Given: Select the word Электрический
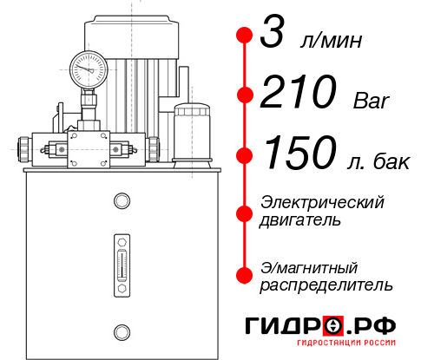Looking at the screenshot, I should point(322,202).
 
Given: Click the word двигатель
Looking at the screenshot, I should point(300,220).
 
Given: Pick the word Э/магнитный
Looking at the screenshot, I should point(309,266).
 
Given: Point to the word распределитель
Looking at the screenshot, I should point(326,285).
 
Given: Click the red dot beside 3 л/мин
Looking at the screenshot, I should point(245,36).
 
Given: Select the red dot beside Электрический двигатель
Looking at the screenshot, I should point(245,211).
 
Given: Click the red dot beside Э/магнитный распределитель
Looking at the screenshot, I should point(245,274).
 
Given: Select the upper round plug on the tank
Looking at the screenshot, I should point(121,201).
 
